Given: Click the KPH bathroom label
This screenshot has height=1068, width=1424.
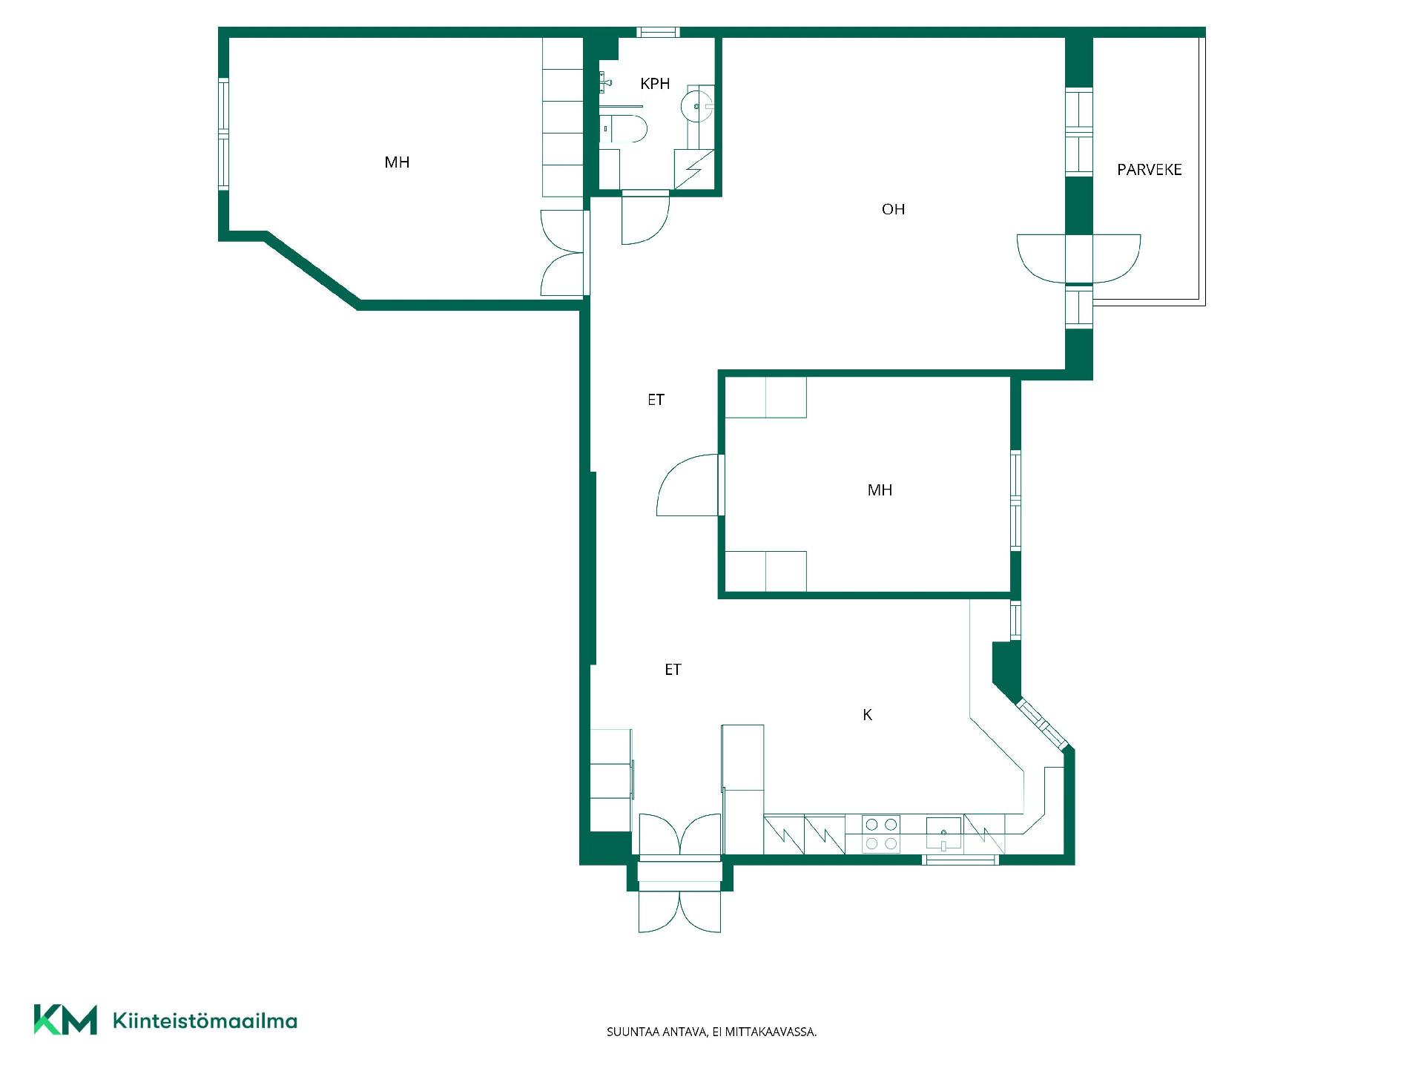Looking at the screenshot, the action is point(655,84).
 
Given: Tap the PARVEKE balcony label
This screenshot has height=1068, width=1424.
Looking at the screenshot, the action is point(1149,170).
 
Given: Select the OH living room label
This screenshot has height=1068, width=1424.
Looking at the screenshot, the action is point(893,209).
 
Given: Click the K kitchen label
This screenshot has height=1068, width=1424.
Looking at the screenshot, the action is point(867,715).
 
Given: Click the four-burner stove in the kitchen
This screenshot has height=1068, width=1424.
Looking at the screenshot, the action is point(881,834).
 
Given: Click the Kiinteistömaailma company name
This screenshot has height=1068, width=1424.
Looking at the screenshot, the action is point(205,1021).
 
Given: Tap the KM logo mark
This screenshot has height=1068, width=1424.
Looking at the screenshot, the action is point(65,1020).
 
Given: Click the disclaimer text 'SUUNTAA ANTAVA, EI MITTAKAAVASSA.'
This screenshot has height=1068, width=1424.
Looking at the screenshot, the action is point(711,1032).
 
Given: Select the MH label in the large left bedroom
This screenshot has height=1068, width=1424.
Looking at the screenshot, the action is point(397,162).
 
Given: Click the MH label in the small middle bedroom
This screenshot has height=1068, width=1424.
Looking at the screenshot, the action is point(880,490).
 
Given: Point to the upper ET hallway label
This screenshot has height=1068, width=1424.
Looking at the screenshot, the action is point(656,400).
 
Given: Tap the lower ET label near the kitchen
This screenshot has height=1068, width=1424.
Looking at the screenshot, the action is point(673,670).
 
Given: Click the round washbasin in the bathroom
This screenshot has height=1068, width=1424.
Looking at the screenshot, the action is point(696,106).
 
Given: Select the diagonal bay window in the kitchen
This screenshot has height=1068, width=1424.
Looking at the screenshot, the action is point(1041,723).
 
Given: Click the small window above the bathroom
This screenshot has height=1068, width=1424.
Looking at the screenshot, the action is point(658,32).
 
